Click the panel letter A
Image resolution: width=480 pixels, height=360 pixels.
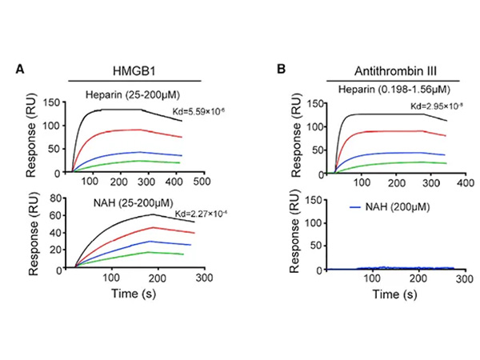[x=19, y=70]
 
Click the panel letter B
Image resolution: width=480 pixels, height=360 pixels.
[x=282, y=70]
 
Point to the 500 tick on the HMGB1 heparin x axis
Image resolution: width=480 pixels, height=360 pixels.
[x=202, y=182]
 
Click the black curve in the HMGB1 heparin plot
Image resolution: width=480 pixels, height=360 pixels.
[x=120, y=110]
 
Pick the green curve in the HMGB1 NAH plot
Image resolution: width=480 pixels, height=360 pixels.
[x=144, y=253]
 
